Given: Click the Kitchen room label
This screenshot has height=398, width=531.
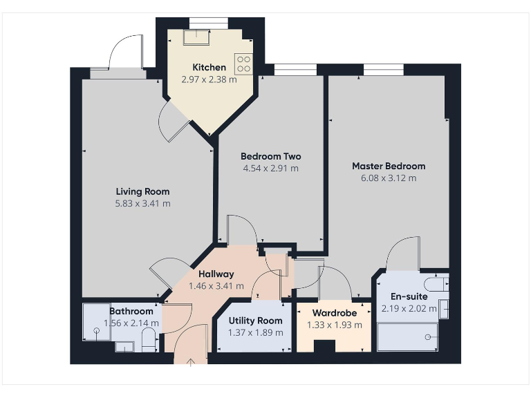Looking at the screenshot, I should point(209,67).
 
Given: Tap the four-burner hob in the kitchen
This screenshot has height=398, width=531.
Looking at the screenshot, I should point(243,64).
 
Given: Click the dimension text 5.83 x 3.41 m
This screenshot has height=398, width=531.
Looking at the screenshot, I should point(142,203).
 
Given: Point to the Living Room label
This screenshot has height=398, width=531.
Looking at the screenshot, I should point(142,191).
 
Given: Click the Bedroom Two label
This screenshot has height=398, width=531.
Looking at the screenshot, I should point(270,156).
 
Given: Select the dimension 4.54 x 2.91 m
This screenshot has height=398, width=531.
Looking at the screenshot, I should point(270,168).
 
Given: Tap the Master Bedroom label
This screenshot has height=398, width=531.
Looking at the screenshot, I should point(389,166).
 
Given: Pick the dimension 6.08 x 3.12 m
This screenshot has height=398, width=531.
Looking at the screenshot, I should point(389,178).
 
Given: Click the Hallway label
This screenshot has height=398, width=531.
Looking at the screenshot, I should point(216,274).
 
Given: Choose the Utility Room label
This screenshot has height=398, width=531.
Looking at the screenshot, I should point(256,321).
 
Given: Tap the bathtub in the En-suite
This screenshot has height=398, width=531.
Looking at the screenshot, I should point(407,337).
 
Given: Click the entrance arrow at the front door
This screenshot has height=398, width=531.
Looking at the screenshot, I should point(192,361).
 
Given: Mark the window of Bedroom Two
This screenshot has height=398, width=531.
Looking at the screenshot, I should point(296,69).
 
